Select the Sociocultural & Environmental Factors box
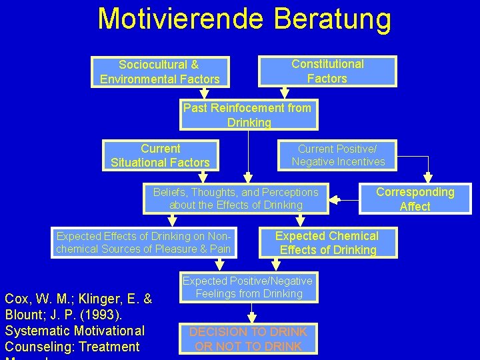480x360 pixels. (160, 72)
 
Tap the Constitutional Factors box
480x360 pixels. (327, 71)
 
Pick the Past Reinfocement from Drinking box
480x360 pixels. (248, 115)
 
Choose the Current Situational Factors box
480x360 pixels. (160, 155)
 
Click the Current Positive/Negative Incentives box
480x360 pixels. (338, 155)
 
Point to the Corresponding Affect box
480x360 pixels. (415, 199)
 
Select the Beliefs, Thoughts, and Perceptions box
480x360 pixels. (236, 199)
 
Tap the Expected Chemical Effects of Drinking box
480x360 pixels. (327, 243)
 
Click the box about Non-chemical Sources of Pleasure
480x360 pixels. (144, 243)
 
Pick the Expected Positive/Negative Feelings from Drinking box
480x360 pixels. (247, 287)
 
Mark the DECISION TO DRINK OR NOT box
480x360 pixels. (248, 339)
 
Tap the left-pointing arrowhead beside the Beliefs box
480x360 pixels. (335, 199)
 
